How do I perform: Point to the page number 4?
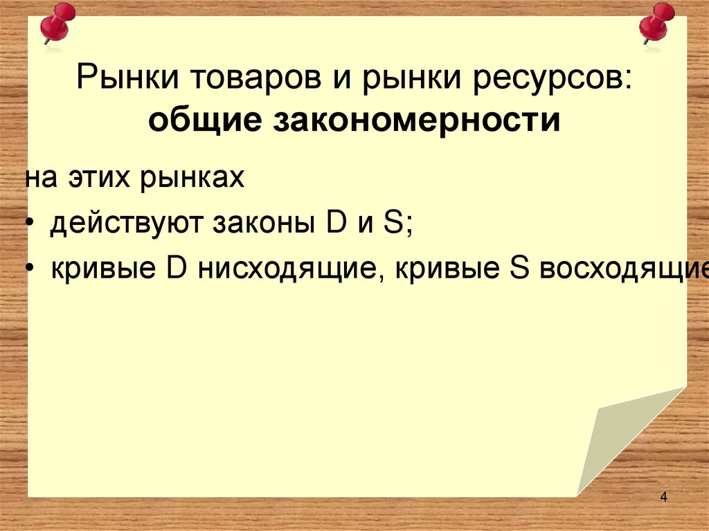[x=664, y=497]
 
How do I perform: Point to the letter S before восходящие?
[x=518, y=268]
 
